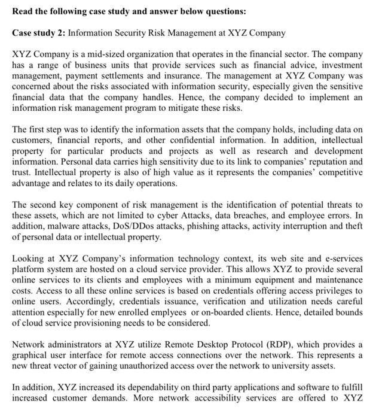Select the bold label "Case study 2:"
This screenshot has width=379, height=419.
(x=38, y=32)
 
